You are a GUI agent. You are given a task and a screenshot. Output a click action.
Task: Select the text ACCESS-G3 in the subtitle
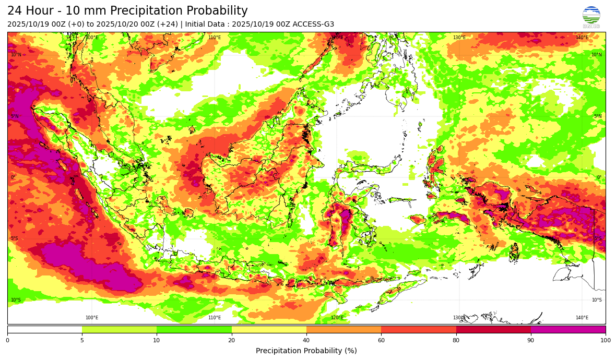click(x=314, y=25)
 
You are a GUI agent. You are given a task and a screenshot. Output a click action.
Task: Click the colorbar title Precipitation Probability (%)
click(x=306, y=351)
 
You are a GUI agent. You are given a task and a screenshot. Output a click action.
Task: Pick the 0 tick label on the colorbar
click(x=7, y=340)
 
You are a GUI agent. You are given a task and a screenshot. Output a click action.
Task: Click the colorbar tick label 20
click(x=232, y=340)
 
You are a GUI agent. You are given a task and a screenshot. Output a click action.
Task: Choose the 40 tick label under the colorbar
click(x=306, y=340)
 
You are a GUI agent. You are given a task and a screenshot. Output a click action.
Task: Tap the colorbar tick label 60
click(x=381, y=340)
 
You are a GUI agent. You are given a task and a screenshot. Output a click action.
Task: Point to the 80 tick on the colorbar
click(x=456, y=340)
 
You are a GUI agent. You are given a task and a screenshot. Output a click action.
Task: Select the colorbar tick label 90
click(x=531, y=340)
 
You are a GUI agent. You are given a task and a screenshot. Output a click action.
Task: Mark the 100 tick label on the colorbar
click(x=605, y=340)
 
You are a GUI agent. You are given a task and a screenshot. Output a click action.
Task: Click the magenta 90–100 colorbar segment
click(x=568, y=329)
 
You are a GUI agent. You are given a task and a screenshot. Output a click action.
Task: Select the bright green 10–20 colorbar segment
click(x=194, y=329)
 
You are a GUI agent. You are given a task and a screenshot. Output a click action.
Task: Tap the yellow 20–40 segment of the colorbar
click(x=269, y=329)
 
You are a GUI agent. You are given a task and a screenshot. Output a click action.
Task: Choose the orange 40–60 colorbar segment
click(x=343, y=329)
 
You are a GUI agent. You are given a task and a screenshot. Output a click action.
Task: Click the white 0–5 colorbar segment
click(x=44, y=329)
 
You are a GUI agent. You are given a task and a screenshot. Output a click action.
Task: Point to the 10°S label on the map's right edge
click(x=596, y=300)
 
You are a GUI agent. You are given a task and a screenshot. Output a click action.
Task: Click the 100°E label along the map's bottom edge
click(x=92, y=318)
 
